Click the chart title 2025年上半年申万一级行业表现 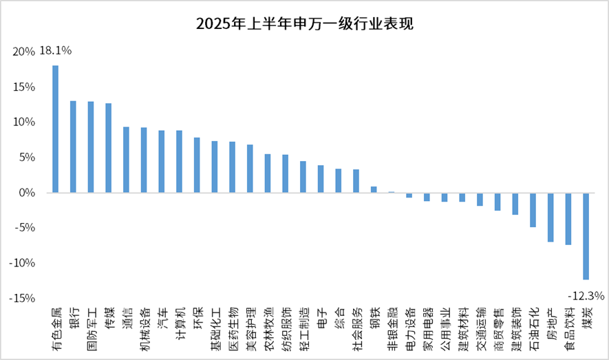[x=304, y=24]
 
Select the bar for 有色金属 [x=56, y=129]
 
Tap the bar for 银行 [x=73, y=147]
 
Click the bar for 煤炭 [x=586, y=236]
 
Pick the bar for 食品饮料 [x=568, y=219]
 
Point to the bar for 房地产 [x=551, y=218]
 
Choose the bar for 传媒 [x=109, y=148]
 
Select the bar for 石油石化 [x=533, y=210]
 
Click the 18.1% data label [x=56, y=51]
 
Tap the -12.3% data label [x=586, y=296]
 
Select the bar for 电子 [x=321, y=179]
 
